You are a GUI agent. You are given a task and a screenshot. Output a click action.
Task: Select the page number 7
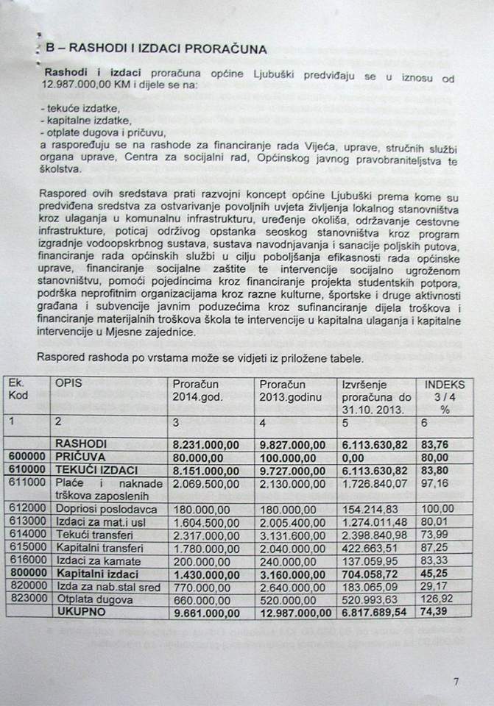click(x=456, y=681)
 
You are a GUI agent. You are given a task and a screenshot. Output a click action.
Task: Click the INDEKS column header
click(x=445, y=383)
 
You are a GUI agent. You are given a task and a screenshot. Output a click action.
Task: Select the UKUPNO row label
click(x=80, y=611)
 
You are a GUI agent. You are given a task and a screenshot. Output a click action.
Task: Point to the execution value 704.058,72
click(x=375, y=572)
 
